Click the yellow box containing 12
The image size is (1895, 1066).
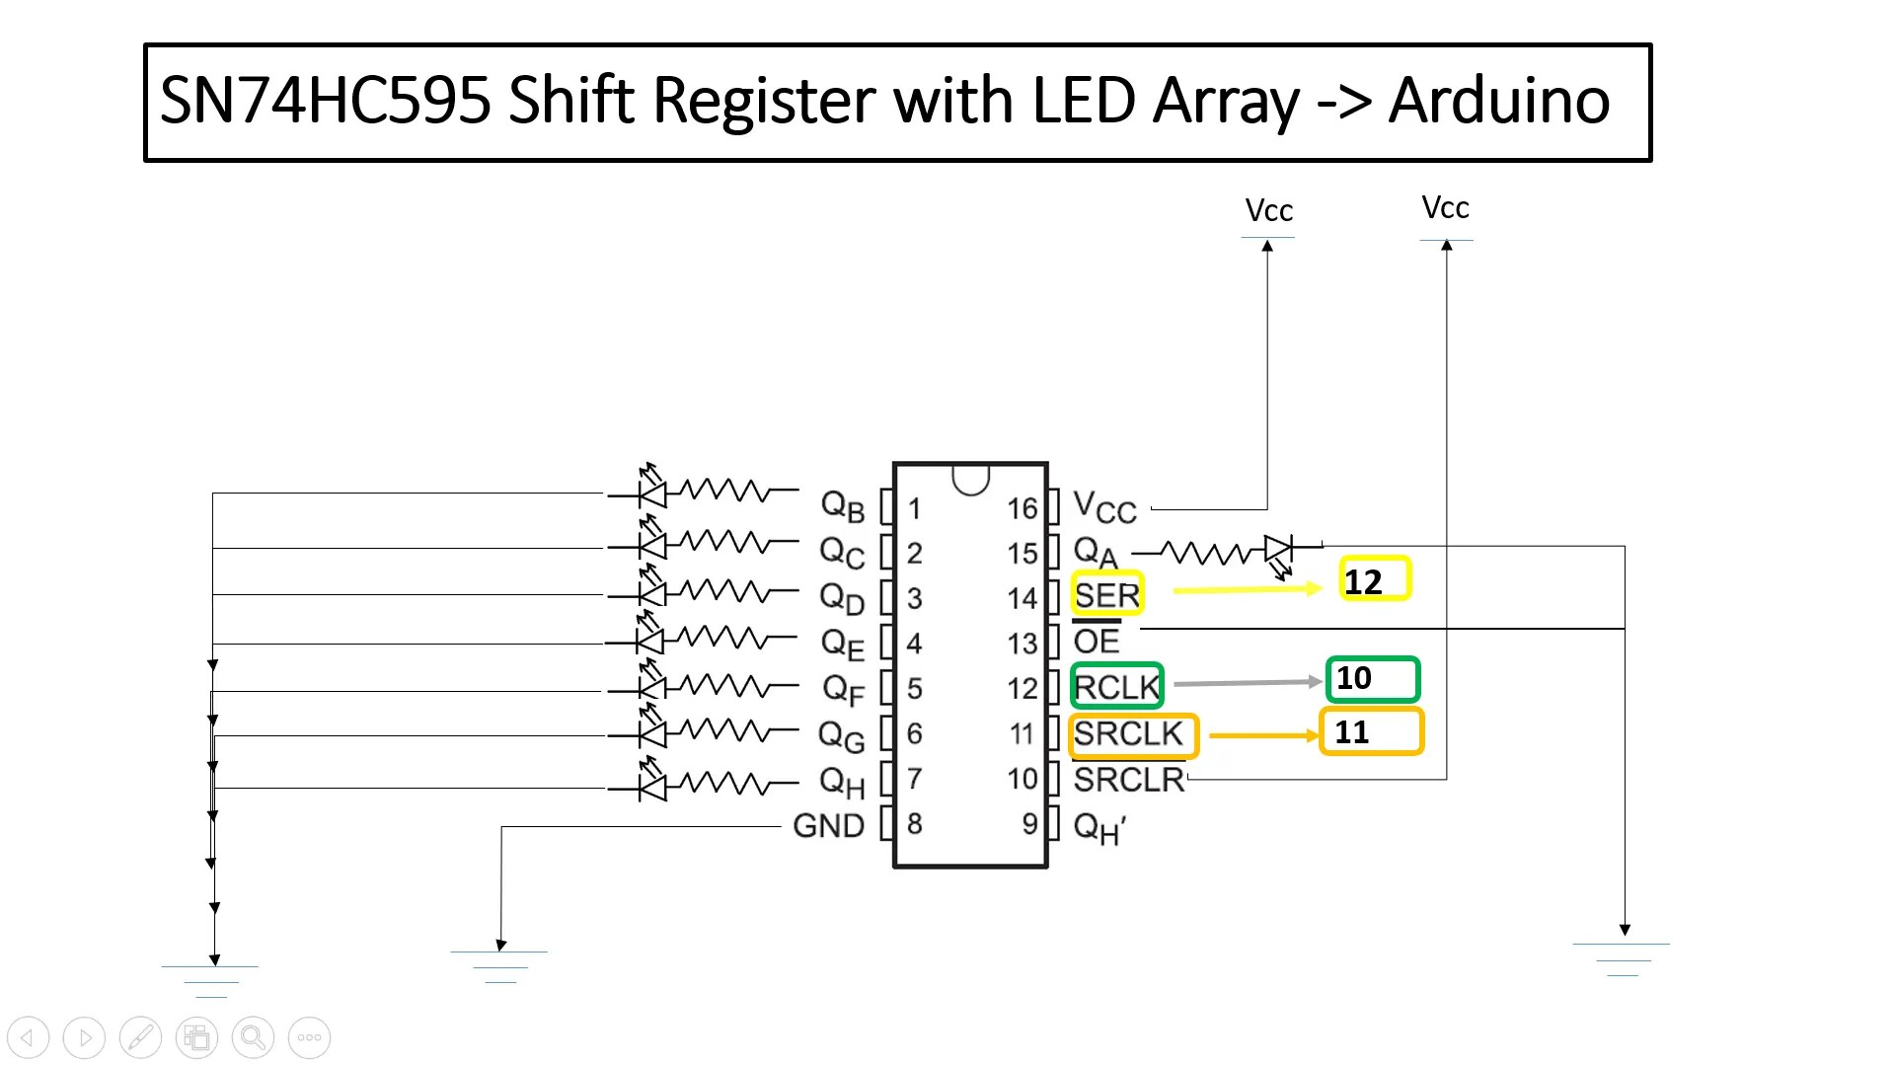(x=1376, y=579)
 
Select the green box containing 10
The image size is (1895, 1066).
(x=1372, y=679)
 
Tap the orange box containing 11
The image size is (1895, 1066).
(x=1372, y=732)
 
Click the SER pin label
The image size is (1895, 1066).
(x=1107, y=595)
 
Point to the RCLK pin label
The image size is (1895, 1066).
(x=1116, y=687)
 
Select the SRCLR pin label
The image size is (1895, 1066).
(x=1129, y=780)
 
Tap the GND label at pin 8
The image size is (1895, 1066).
(x=828, y=825)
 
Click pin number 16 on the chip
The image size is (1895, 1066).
(x=1022, y=509)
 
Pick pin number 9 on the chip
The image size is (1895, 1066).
(x=1028, y=823)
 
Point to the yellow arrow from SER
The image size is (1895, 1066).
(x=1247, y=589)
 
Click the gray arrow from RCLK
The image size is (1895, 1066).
(x=1247, y=682)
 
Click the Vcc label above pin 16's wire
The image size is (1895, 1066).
(x=1268, y=211)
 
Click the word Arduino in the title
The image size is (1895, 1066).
(x=1498, y=101)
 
